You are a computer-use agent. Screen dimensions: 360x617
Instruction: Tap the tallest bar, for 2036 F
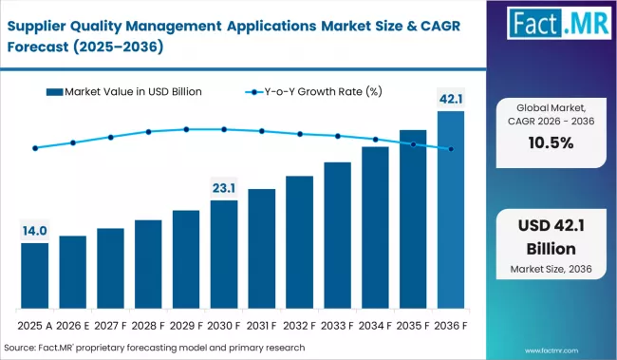tap(451, 210)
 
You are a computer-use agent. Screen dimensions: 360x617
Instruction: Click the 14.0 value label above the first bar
tap(34, 231)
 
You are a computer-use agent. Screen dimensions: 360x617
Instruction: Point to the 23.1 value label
tap(224, 188)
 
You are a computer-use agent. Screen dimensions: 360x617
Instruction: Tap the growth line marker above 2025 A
tap(35, 148)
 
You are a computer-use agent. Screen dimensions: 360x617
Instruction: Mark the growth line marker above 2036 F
tap(451, 149)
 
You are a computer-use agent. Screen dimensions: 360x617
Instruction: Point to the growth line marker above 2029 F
tap(186, 129)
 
